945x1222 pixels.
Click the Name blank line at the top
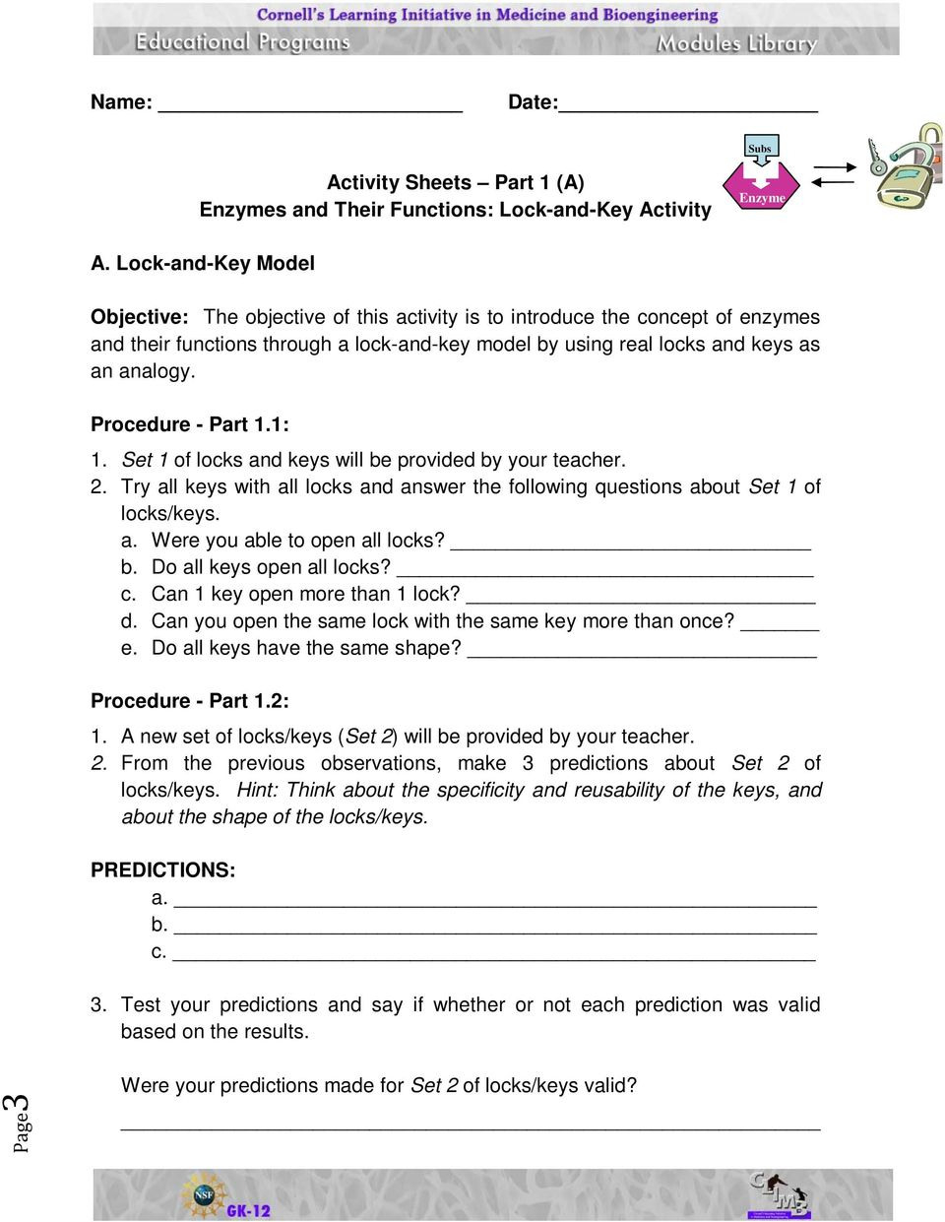tap(310, 109)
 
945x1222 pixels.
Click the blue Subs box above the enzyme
tap(760, 148)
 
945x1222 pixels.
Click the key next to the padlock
tap(874, 158)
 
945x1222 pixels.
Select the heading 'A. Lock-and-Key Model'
tap(203, 263)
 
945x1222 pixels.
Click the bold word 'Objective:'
tap(139, 317)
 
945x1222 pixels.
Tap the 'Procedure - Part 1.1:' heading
tap(190, 424)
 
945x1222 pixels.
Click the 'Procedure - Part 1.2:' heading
tap(190, 701)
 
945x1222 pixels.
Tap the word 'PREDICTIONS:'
tap(163, 870)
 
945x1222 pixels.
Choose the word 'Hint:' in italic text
tap(257, 790)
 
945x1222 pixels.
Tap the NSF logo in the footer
tap(203, 1194)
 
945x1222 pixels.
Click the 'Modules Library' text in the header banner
tap(736, 43)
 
